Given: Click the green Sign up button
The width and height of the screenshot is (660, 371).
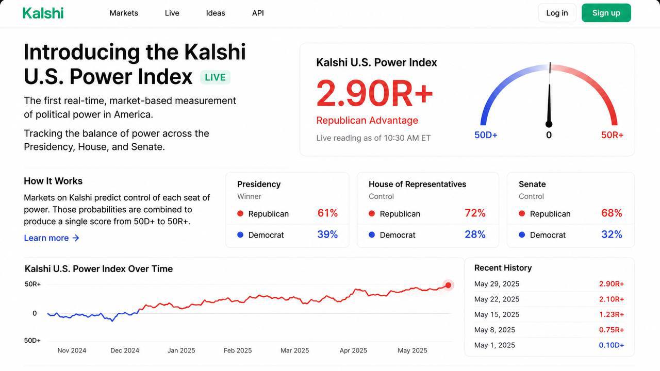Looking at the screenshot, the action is coord(606,13).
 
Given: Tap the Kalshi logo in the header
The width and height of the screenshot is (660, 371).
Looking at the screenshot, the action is coord(43,13).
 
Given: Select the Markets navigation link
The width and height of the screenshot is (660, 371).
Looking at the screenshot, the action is coord(124,13).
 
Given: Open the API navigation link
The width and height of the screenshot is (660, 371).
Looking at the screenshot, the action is coord(258,13).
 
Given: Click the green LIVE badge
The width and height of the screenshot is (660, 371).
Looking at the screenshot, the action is coord(215,77).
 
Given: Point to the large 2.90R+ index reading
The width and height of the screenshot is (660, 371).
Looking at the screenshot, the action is coord(374,94).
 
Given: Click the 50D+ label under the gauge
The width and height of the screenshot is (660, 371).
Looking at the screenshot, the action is coord(486,135).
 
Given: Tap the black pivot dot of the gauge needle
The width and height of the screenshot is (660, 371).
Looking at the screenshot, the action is coord(549,124).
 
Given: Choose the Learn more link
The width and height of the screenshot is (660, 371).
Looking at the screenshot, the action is coord(52,238).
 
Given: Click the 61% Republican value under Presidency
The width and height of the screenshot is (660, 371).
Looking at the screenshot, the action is coord(327,213).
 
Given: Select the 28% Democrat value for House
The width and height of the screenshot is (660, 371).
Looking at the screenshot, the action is coord(475,234).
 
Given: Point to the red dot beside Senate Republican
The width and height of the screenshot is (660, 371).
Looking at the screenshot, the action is coord(522,213).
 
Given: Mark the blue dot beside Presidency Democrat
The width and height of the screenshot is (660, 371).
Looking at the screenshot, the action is coord(240,234).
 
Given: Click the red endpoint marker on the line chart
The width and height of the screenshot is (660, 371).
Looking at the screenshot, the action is coord(448,285).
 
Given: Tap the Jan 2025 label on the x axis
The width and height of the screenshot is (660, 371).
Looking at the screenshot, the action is coord(181,350).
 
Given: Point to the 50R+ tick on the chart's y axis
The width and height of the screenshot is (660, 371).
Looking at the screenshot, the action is coord(32,284).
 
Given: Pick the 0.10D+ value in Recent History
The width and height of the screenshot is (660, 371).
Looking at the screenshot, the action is coord(612,345).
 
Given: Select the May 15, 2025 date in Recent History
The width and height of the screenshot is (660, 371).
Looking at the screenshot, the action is coord(497,314).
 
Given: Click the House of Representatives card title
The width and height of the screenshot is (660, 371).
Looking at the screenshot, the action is coord(417,184).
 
